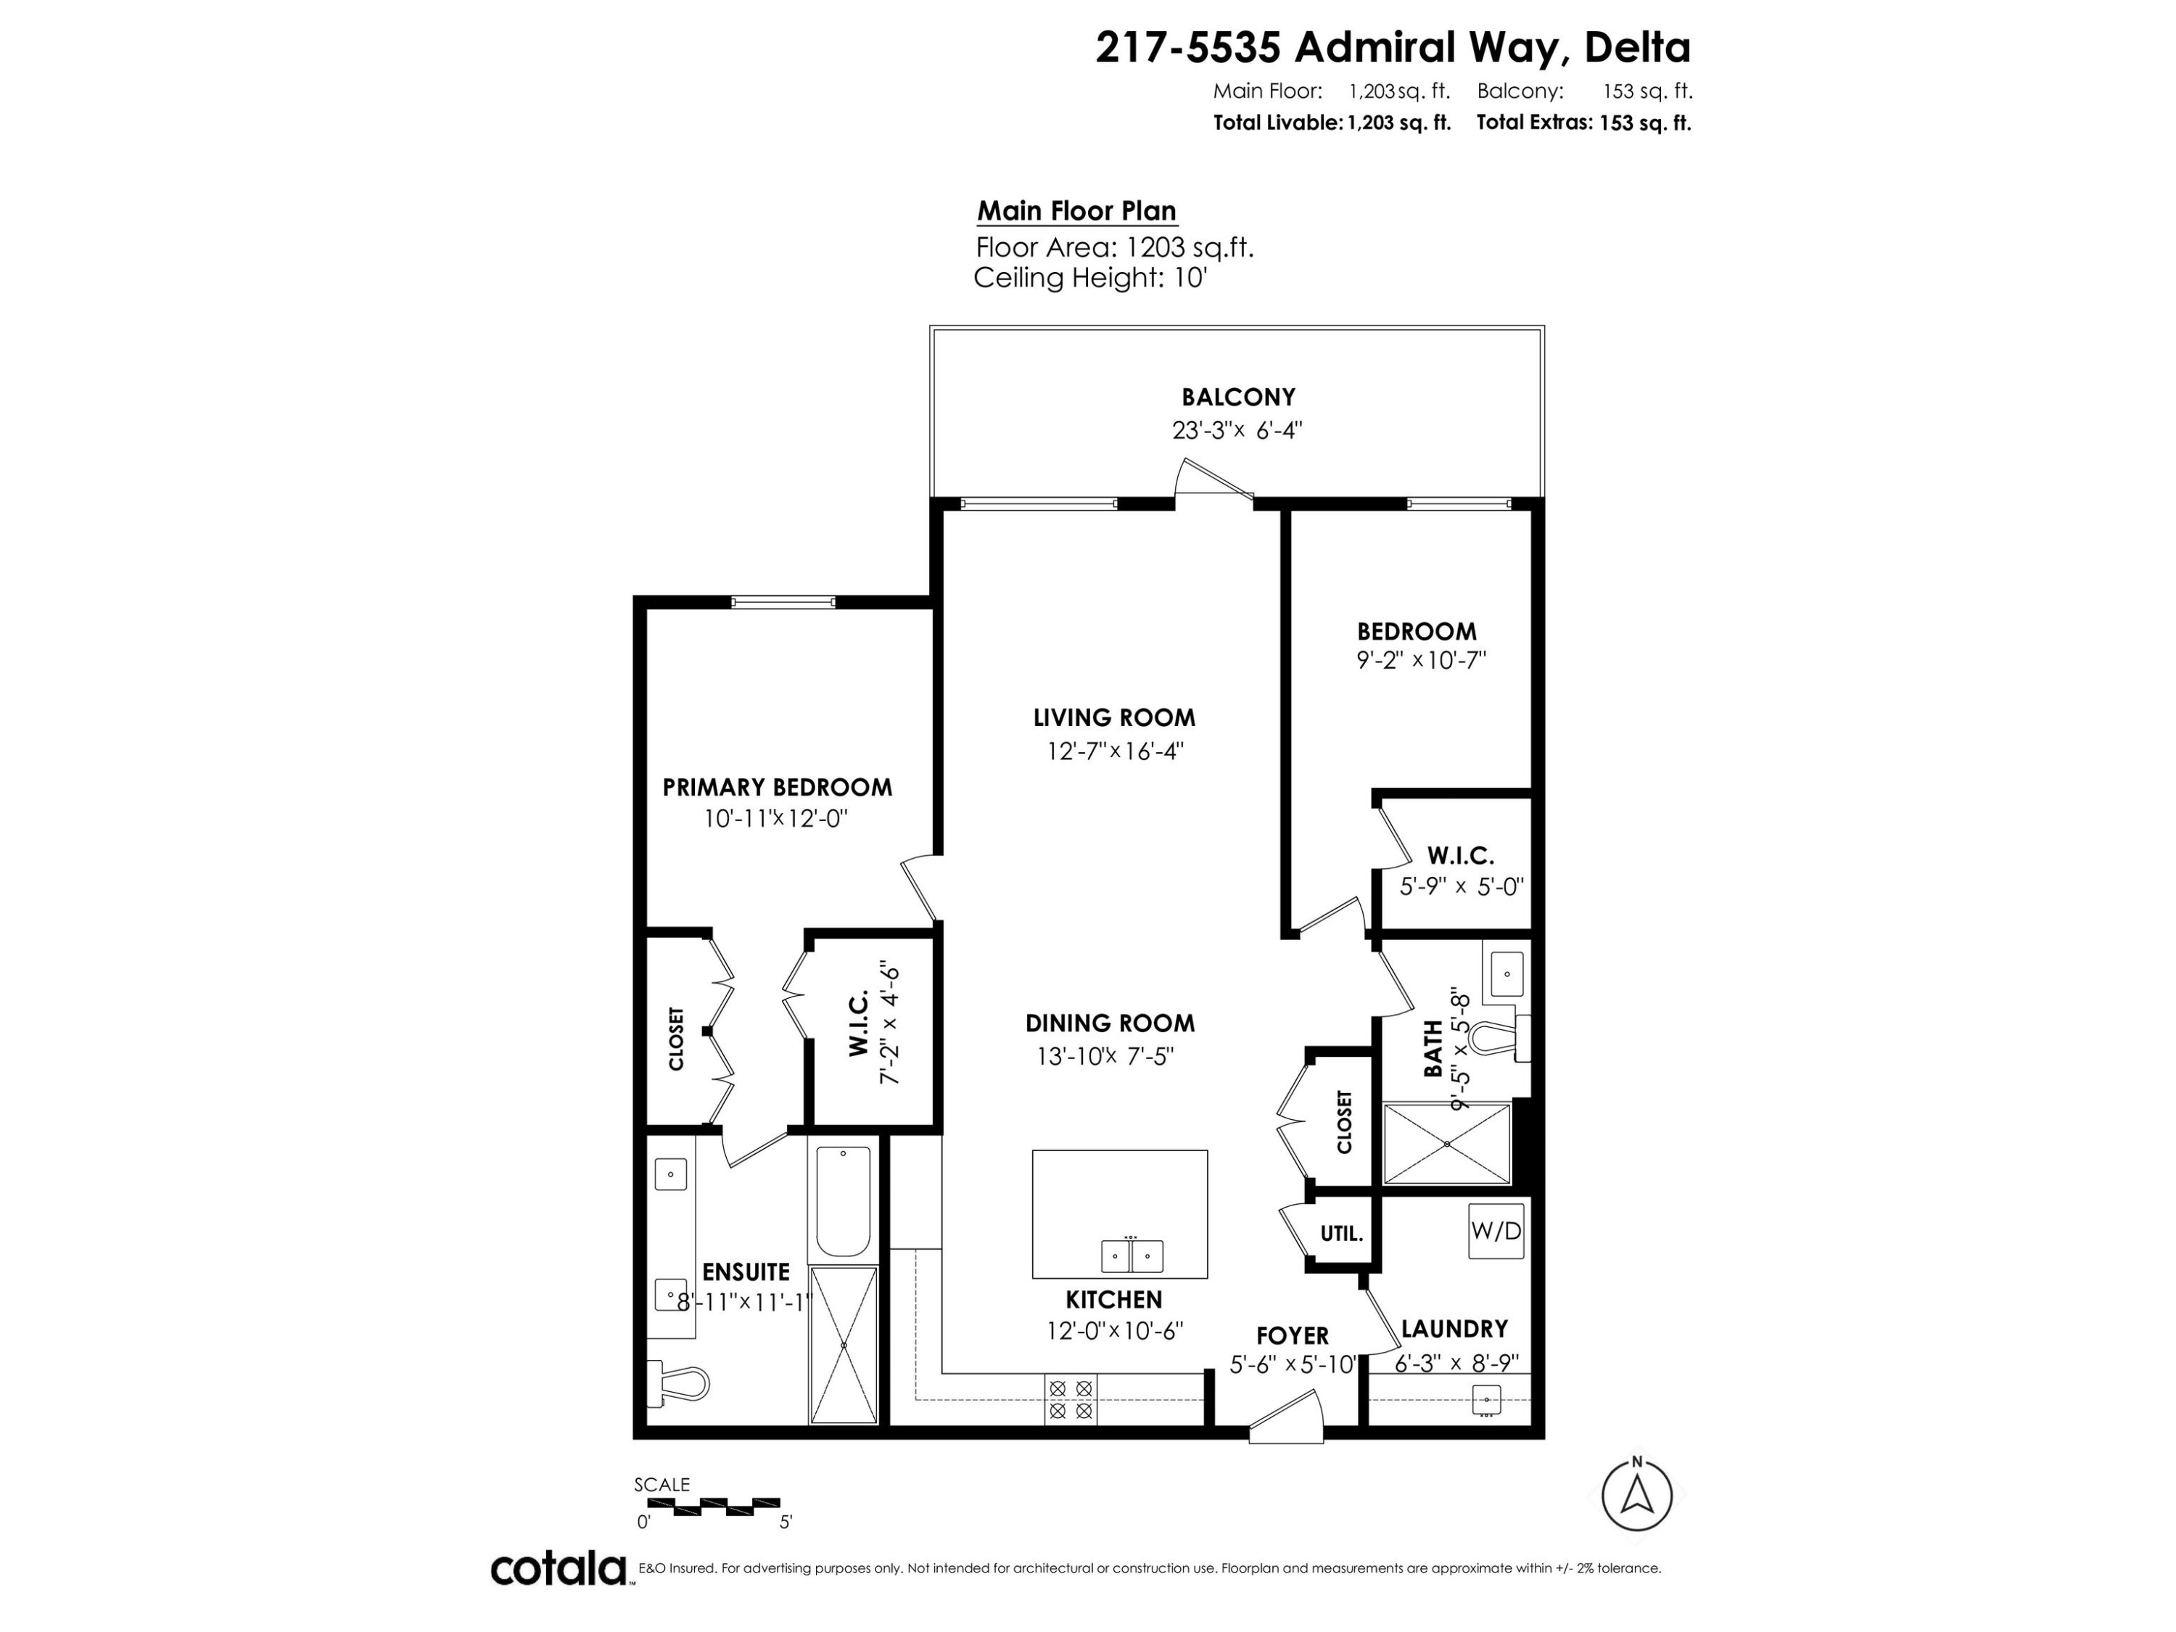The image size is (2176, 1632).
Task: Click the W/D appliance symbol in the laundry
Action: pos(1496,1231)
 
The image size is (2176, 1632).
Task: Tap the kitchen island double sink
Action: pos(1132,1256)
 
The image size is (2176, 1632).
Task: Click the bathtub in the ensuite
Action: pos(843,1202)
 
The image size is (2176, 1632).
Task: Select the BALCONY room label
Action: pos(1237,397)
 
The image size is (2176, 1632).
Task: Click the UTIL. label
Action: pos(1341,1234)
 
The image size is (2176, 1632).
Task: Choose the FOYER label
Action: pos(1292,1336)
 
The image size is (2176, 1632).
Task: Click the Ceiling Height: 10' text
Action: pos(1090,279)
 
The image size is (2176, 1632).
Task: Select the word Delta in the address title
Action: pos(1637,47)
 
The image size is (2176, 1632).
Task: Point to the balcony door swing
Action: pos(1214,482)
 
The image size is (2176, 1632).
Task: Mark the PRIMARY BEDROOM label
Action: pos(777,788)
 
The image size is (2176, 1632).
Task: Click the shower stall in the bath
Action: pos(1446,1143)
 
